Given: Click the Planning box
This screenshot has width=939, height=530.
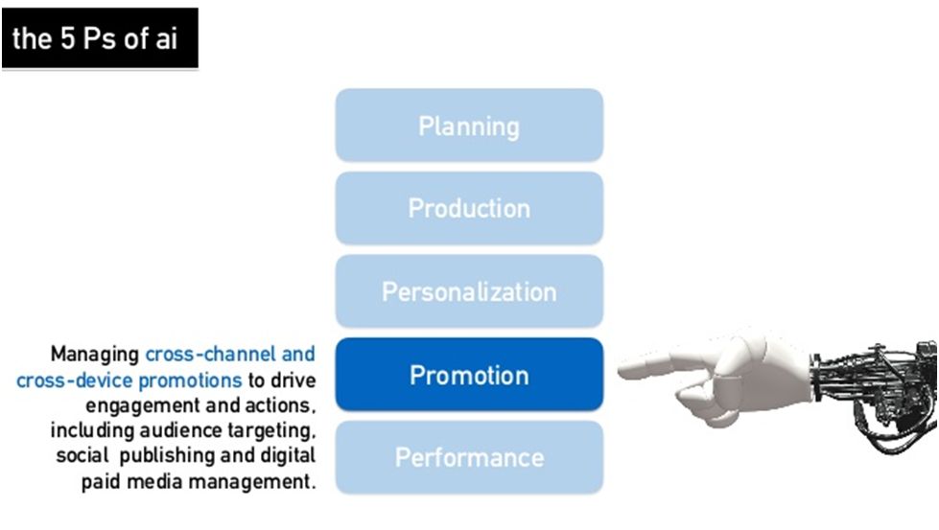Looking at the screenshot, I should [x=469, y=126].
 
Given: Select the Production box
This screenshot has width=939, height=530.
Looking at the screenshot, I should [x=469, y=208].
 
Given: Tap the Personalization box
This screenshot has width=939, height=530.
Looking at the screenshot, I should [x=469, y=291].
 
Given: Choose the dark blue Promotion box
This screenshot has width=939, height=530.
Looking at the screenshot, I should [x=469, y=375].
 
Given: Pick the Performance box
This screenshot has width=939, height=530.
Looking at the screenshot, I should [x=469, y=457].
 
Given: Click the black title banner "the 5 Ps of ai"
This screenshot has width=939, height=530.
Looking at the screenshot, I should [x=99, y=39].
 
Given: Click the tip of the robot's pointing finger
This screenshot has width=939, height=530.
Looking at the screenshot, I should [x=623, y=366].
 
